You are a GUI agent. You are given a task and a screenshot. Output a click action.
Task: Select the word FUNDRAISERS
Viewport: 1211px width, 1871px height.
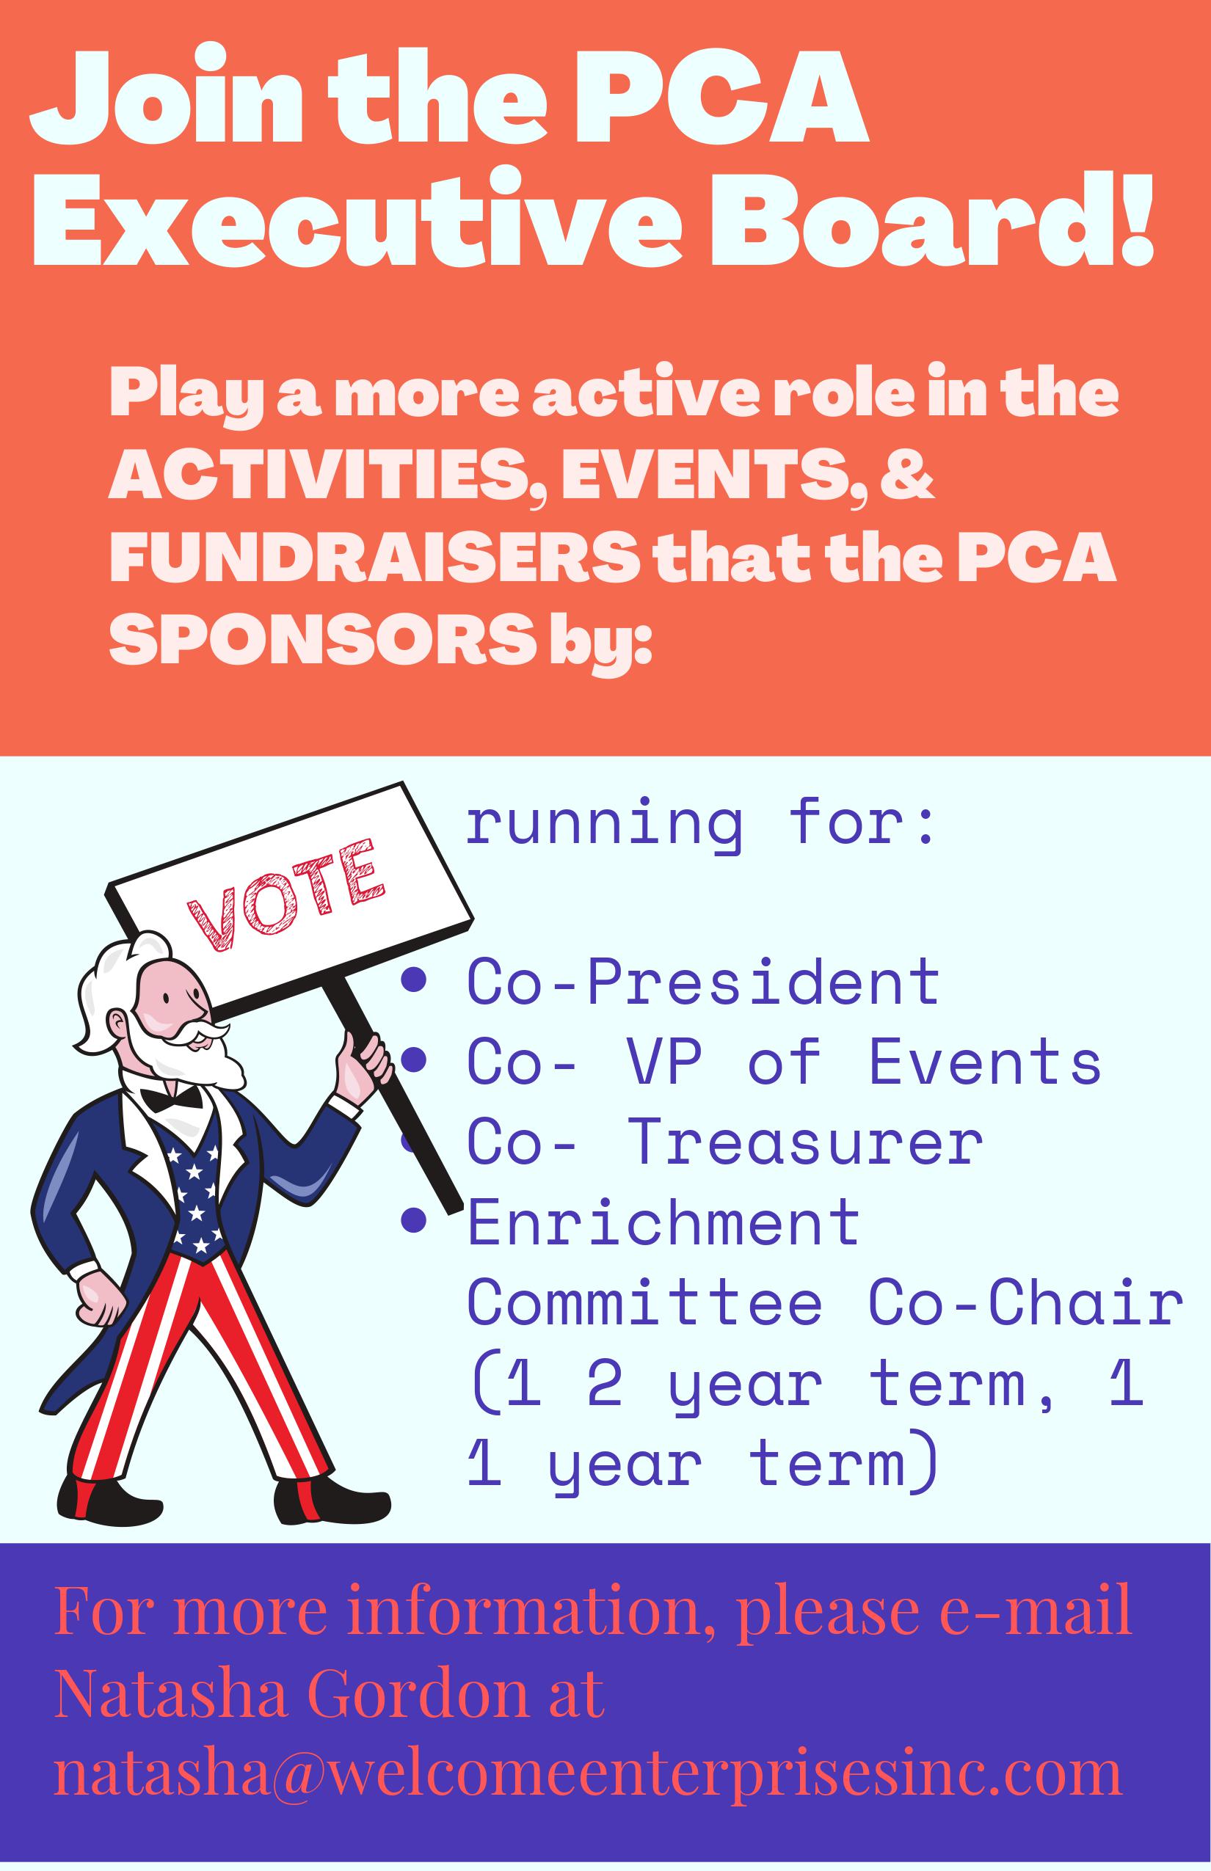[x=374, y=558]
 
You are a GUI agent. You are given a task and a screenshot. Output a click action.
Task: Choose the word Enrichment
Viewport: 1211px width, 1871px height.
[x=663, y=1222]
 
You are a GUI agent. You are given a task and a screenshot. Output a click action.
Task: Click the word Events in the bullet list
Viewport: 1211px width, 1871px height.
[x=984, y=1060]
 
